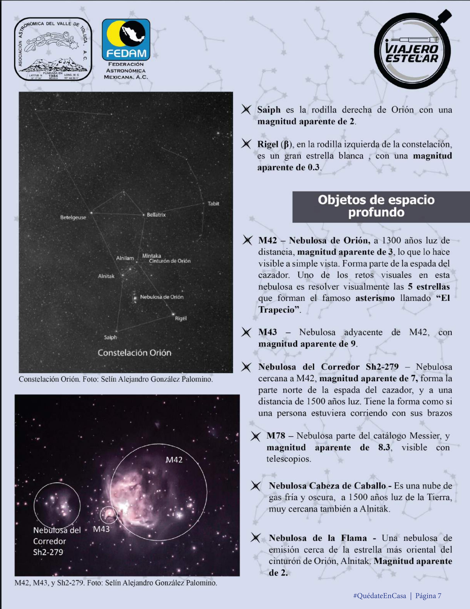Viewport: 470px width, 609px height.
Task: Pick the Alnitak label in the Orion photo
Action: (x=106, y=276)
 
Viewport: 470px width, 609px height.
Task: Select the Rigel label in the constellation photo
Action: (x=180, y=318)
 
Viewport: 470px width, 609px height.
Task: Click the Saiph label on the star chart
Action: (x=110, y=337)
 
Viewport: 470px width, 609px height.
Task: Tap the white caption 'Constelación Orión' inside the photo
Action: (x=134, y=353)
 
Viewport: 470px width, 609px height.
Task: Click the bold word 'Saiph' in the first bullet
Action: (x=269, y=110)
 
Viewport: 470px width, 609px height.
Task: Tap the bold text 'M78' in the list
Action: (x=276, y=436)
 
